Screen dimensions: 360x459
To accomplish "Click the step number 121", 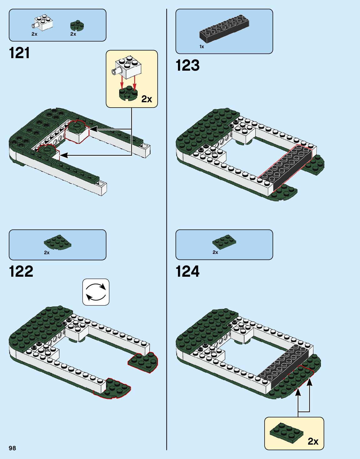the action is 19,53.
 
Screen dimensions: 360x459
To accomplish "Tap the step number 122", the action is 21,271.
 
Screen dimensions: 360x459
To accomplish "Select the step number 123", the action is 187,66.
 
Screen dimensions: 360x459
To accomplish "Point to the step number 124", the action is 187,271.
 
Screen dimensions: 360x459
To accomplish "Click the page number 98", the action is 12,448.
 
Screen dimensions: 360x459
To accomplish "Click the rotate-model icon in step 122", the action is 96,292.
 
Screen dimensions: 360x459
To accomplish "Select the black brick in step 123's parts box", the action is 224,29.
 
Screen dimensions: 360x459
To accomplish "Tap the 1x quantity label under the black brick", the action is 202,47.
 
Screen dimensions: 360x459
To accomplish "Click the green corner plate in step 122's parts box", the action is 57,242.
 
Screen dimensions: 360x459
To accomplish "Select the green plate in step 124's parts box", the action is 224,242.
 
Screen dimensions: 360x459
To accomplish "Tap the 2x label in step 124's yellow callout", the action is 313,441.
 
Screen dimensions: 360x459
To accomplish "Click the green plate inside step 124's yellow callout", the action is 286,433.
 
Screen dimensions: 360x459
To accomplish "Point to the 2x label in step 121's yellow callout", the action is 146,99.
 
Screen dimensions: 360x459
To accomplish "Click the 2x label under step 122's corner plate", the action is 47,253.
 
